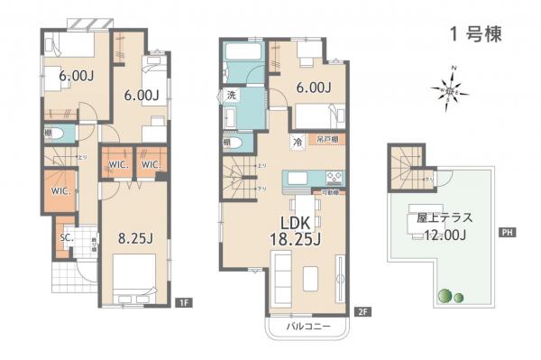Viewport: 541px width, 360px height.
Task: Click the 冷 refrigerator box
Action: tap(296, 142)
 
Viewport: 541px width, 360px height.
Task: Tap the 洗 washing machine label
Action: tap(231, 96)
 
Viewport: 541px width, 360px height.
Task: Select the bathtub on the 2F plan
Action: tap(241, 62)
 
